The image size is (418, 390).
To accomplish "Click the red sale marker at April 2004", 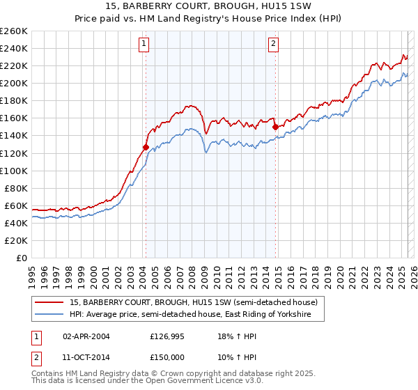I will pyautogui.click(x=146, y=147).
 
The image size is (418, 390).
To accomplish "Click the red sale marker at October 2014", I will pyautogui.click(x=275, y=127).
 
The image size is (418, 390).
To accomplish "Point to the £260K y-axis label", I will pyautogui.click(x=14, y=31).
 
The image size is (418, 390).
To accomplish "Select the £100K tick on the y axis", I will pyautogui.click(x=14, y=171).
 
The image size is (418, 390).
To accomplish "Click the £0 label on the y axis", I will pyautogui.click(x=22, y=258).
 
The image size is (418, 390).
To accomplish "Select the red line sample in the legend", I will pyautogui.click(x=50, y=302).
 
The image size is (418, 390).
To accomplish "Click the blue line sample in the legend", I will pyautogui.click(x=50, y=315).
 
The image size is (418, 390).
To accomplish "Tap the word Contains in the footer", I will pyautogui.click(x=48, y=375).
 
